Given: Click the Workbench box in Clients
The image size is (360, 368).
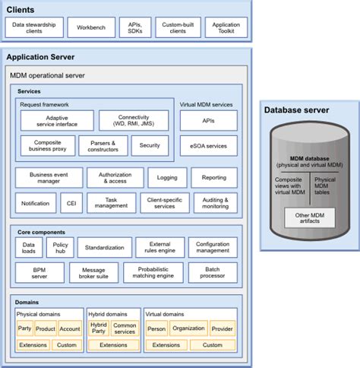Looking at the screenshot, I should [x=91, y=28].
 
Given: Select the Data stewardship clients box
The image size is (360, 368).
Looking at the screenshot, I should [x=35, y=28].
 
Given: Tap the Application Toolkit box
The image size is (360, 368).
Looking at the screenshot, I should [x=225, y=28].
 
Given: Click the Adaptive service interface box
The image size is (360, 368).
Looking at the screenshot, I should [x=57, y=121].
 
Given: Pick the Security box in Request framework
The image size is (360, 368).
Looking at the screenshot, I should [x=150, y=145].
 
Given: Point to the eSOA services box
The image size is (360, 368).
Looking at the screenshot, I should [x=208, y=146].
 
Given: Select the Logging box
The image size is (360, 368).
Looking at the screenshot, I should [x=167, y=178].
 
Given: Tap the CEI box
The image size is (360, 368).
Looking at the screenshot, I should [x=69, y=203].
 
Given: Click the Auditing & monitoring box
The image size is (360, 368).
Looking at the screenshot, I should [x=215, y=203].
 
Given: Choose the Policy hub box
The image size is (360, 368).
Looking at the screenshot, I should [x=60, y=248].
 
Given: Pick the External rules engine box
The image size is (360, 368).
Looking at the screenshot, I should [x=159, y=248].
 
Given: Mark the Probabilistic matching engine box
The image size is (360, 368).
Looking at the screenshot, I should [x=153, y=273].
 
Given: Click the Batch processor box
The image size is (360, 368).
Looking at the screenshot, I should [x=213, y=273].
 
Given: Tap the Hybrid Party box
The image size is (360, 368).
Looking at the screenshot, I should [x=99, y=329].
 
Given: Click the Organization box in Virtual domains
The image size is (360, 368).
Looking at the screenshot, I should [x=188, y=329].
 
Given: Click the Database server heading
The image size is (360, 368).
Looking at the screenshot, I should [x=297, y=111].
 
